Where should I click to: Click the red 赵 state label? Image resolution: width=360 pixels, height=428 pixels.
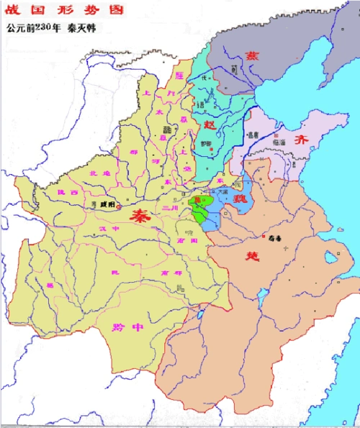210,124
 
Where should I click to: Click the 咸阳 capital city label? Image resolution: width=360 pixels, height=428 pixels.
107,205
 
